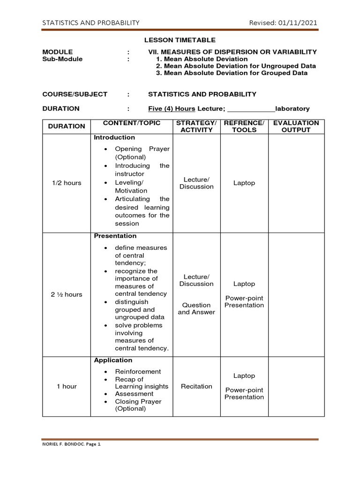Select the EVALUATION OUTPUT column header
pyautogui.click(x=296, y=127)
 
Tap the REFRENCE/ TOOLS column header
pyautogui.click(x=244, y=127)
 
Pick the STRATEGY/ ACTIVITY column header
pyautogui.click(x=196, y=127)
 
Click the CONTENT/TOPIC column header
pyautogui.click(x=132, y=123)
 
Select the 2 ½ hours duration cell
pyautogui.click(x=66, y=294)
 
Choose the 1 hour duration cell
pyautogui.click(x=67, y=386)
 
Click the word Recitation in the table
pyautogui.click(x=196, y=386)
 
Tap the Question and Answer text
pyautogui.click(x=196, y=308)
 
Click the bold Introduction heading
pyautogui.click(x=114, y=137)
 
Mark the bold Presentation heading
pyautogui.click(x=115, y=236)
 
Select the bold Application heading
pyautogui.click(x=113, y=360)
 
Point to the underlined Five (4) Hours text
pyautogui.click(x=172, y=108)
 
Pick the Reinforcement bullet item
pyautogui.click(x=138, y=371)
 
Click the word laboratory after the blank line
pyautogui.click(x=292, y=108)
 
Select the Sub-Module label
pyautogui.click(x=62, y=59)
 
